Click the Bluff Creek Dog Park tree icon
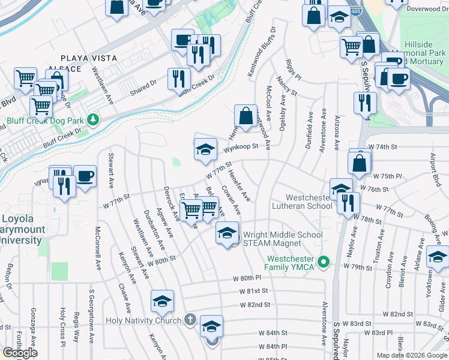click(x=92, y=120)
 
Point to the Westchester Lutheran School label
click(x=309, y=202)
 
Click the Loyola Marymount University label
click(x=22, y=229)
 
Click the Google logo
click(x=20, y=353)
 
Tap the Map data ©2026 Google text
click(x=412, y=355)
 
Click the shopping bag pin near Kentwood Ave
click(x=246, y=113)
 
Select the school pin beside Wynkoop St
click(x=205, y=149)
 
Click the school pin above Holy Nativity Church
click(x=162, y=301)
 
